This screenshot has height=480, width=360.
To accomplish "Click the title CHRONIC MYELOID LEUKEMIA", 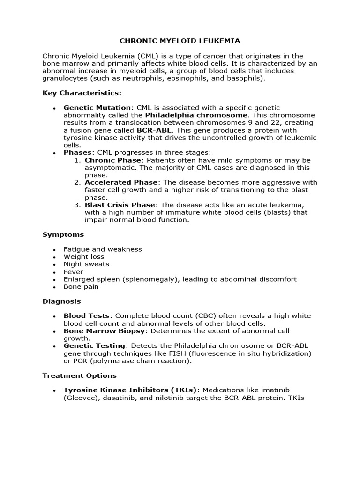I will tap(180, 41).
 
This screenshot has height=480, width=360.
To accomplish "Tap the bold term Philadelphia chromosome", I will tap(196, 115).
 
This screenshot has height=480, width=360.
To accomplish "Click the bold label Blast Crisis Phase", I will tap(120, 205).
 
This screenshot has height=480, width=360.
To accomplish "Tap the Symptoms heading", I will tap(63, 234).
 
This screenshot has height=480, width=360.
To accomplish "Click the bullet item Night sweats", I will tap(86, 264).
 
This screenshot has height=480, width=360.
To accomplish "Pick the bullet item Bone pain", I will tap(81, 287).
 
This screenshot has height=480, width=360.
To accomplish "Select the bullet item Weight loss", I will tap(84, 257).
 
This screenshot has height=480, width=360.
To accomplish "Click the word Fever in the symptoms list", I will tap(74, 272).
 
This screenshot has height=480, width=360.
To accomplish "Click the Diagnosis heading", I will tap(61, 301).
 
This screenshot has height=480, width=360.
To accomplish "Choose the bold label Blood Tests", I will tap(87, 316).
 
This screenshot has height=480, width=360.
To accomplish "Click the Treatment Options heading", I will tap(79, 375).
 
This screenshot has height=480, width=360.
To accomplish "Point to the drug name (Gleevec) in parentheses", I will tap(80, 397).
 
